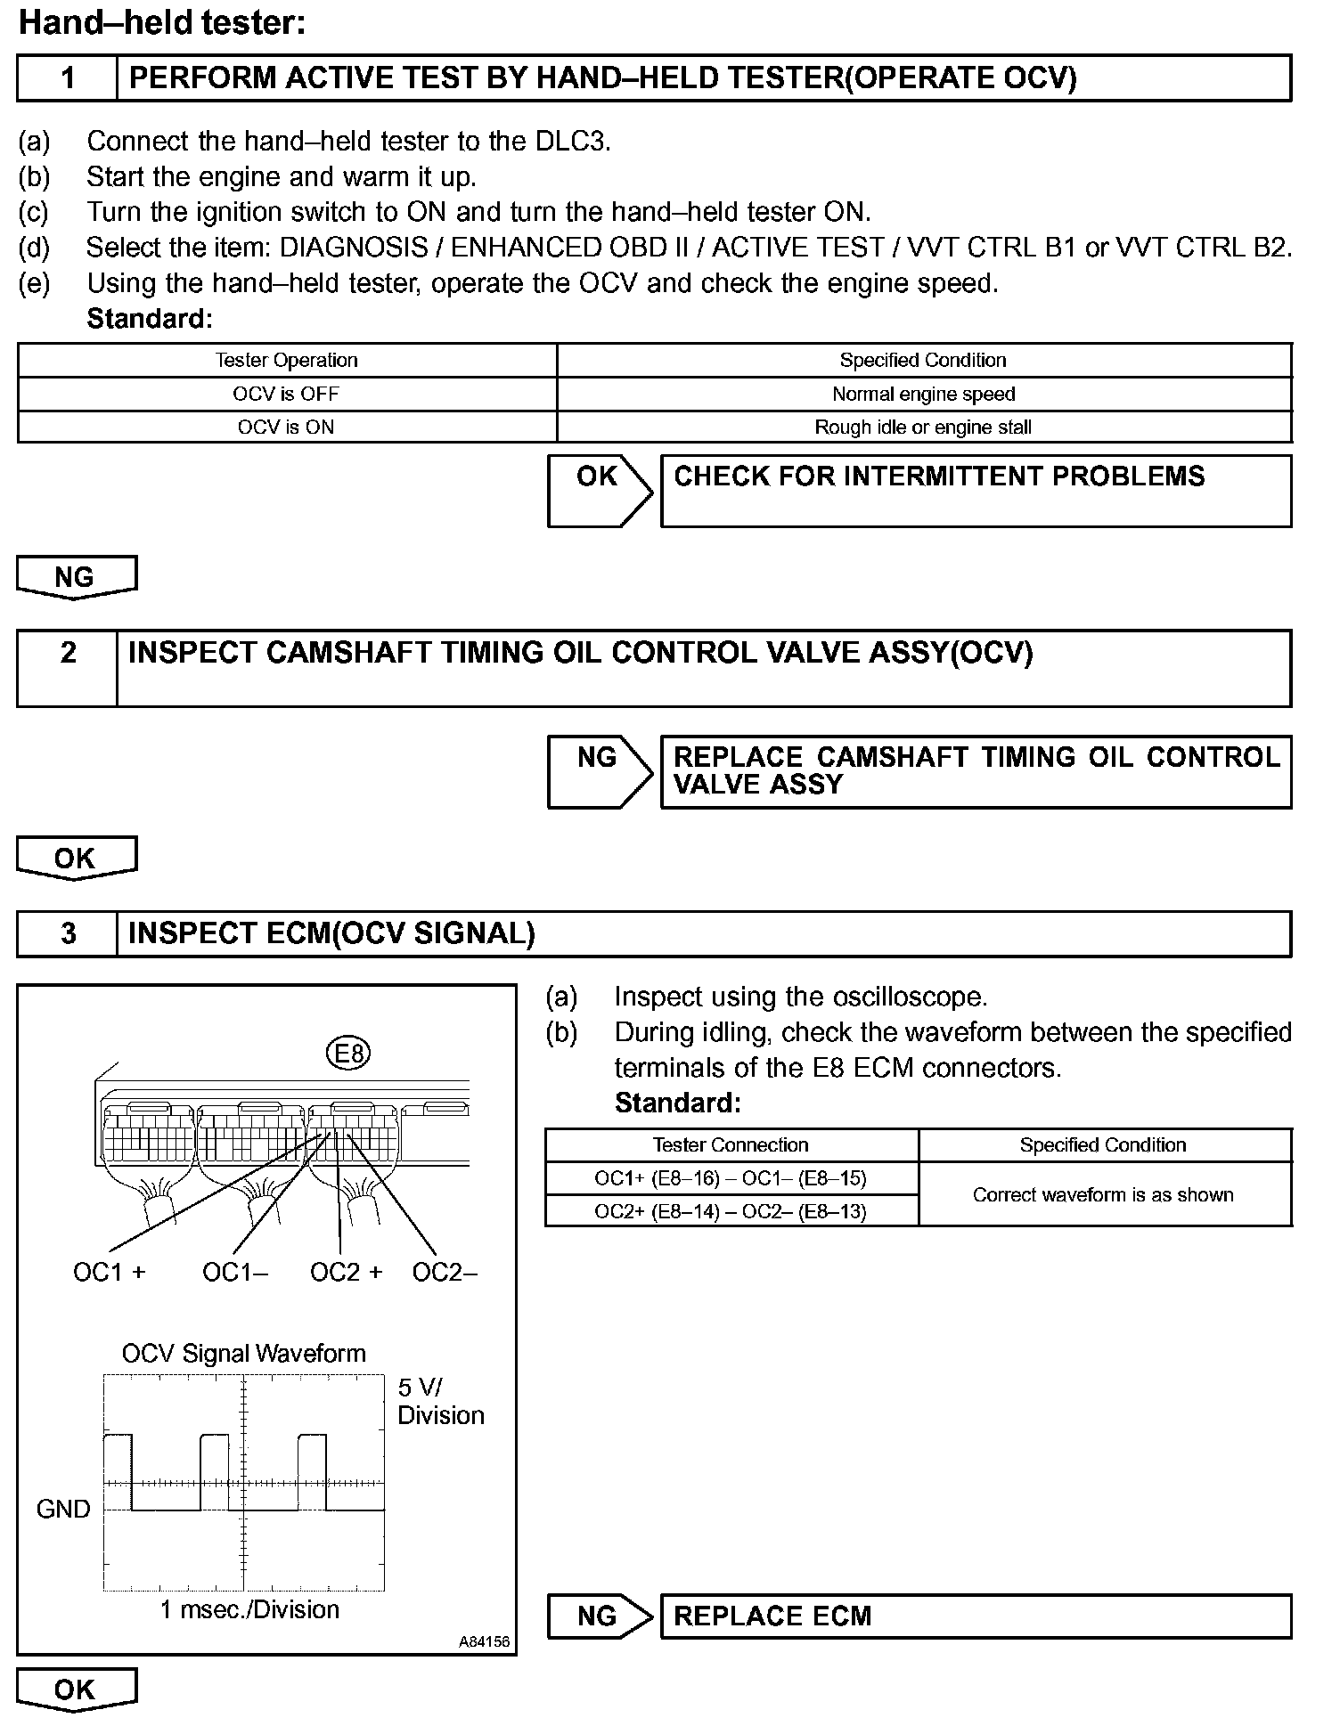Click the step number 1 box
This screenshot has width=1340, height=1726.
[x=68, y=78]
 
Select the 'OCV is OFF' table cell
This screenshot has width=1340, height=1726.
[x=286, y=394]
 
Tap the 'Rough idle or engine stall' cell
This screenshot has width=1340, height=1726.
[x=923, y=427]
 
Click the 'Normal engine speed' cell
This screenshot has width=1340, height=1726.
[x=923, y=394]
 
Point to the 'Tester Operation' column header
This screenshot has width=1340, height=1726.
[x=286, y=361]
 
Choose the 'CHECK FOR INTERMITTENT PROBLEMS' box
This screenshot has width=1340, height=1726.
[x=976, y=491]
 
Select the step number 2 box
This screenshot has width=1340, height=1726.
[x=68, y=668]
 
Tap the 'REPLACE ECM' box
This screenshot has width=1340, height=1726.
[x=976, y=1616]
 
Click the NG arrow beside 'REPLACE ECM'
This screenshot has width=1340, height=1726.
[x=598, y=1616]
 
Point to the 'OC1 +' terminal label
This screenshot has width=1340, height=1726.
[x=109, y=1272]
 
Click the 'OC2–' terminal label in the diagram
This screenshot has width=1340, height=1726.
[x=445, y=1272]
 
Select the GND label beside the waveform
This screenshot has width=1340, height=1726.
[x=63, y=1509]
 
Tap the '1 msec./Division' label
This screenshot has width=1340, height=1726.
[x=249, y=1610]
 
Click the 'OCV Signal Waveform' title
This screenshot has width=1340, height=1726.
[x=244, y=1354]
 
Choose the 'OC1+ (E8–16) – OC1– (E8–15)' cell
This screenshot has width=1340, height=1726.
[x=731, y=1178]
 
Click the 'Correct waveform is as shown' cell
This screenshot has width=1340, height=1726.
[x=1103, y=1195]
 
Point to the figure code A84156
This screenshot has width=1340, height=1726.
[x=484, y=1641]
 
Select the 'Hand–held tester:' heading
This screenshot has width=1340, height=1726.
[x=162, y=23]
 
